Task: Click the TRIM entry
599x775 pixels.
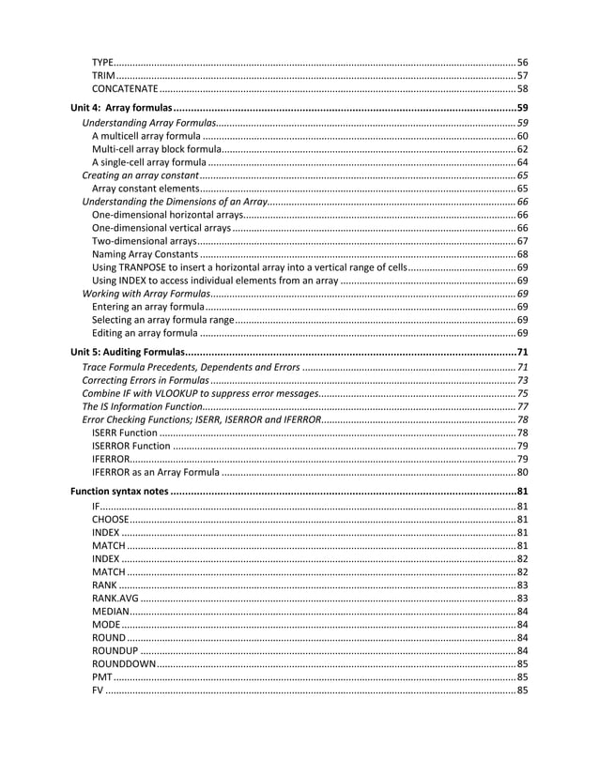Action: click(103, 75)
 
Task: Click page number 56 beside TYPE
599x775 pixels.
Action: click(523, 62)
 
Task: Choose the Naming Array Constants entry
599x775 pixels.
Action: click(146, 254)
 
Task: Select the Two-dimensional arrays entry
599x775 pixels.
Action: click(138, 241)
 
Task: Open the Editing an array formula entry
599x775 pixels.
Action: click(145, 333)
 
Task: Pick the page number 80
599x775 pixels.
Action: click(523, 472)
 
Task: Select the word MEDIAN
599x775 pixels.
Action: click(110, 612)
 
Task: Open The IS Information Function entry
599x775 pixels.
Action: click(141, 406)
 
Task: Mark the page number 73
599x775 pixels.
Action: click(523, 380)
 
